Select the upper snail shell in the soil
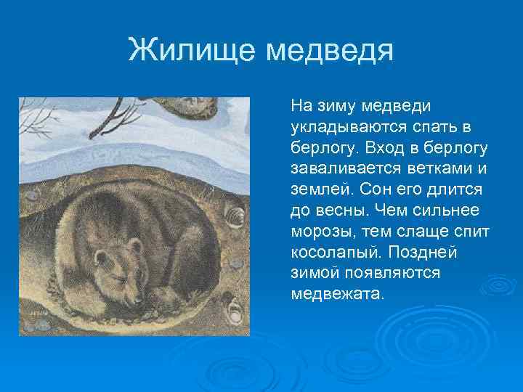(x=235, y=216)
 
